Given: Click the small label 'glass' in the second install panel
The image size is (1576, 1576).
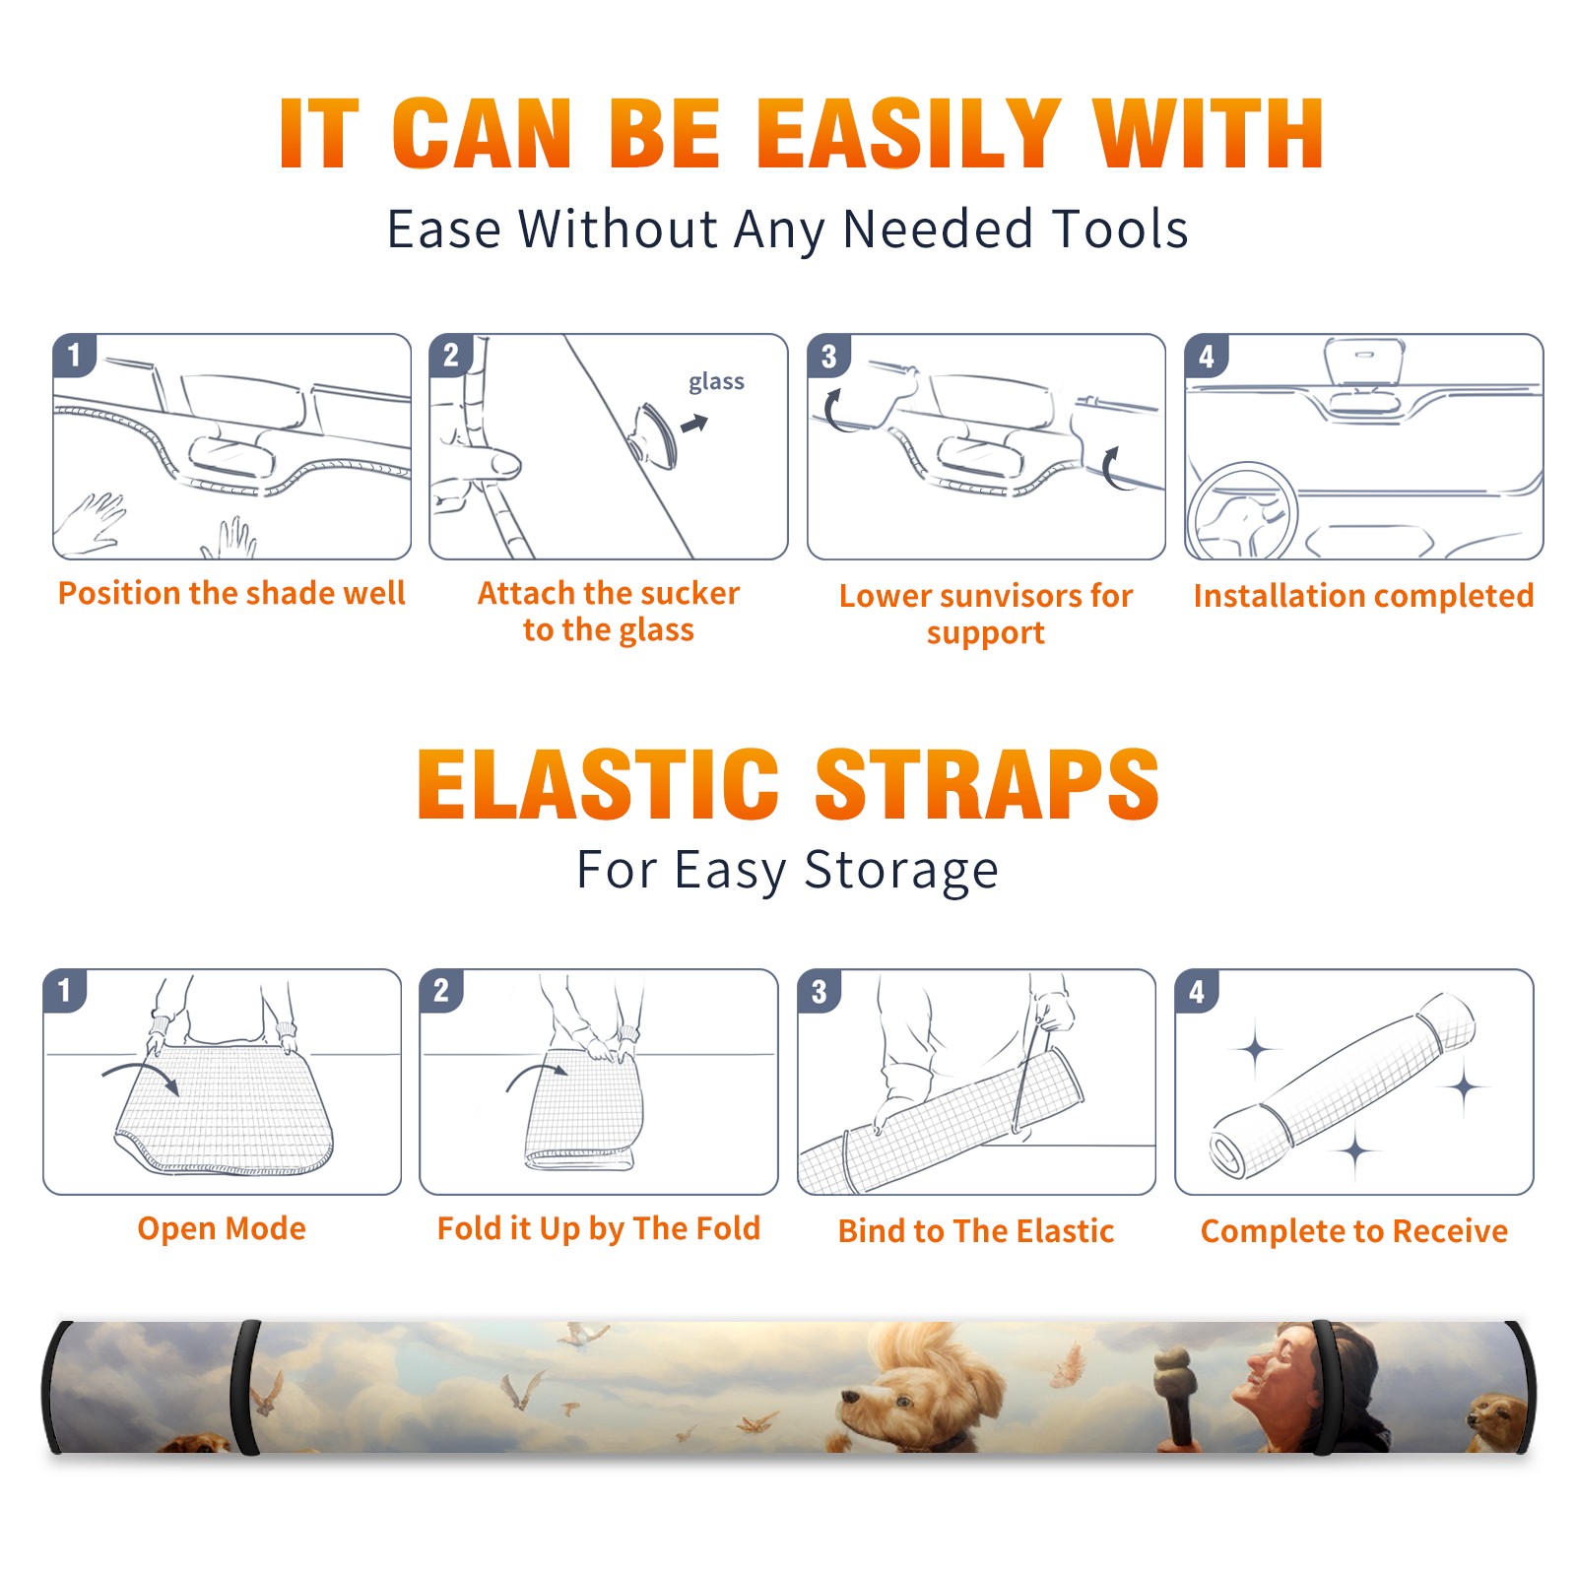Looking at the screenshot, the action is coord(716,382).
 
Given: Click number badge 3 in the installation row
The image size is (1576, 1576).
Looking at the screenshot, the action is coord(828,356).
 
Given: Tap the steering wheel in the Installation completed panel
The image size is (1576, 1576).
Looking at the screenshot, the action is coord(1243,512).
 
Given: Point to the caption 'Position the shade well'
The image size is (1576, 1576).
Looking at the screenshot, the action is coord(231,593).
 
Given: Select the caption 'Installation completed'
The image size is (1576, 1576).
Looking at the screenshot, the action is coord(1363,596).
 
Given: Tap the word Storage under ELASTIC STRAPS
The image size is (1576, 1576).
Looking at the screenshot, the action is coord(901,871).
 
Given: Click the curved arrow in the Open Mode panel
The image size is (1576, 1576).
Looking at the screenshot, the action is coord(141,1076).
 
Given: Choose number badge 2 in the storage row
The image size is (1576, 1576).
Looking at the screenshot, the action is coord(441,990).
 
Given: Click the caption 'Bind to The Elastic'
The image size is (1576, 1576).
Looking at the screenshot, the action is coord(975,1231).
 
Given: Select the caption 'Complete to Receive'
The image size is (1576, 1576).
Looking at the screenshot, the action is coord(1354,1231).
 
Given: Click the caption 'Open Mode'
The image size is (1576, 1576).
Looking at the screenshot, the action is coord(222,1229).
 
